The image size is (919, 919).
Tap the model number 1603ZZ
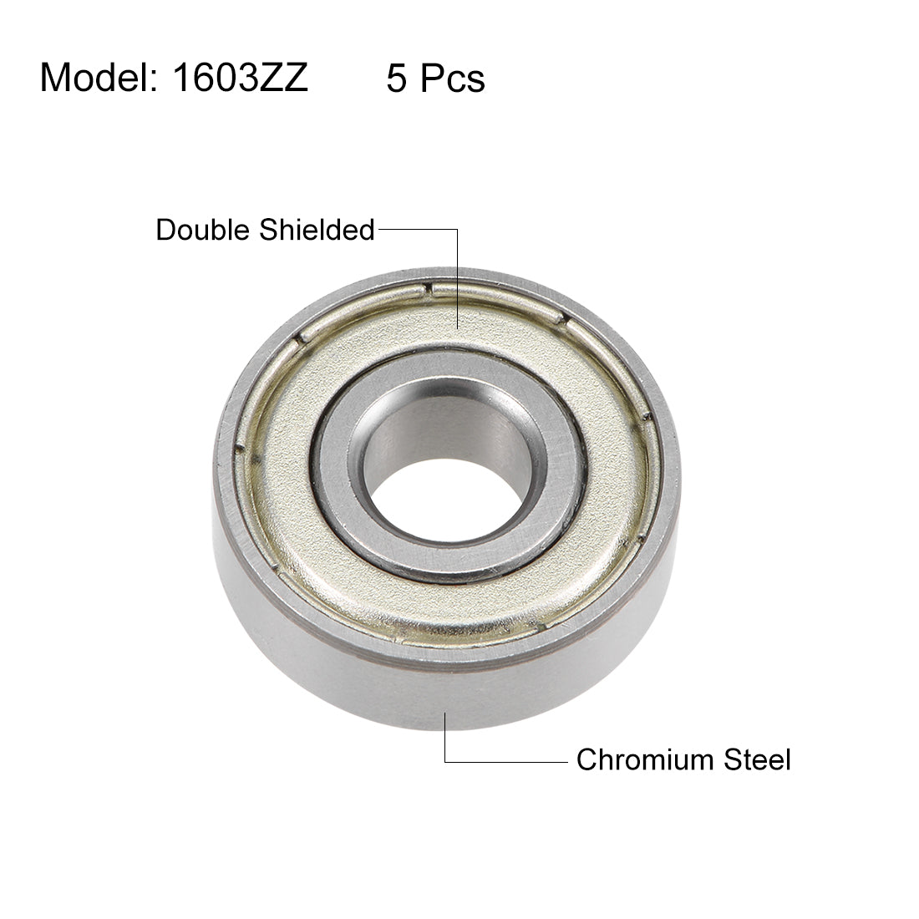pyautogui.click(x=241, y=79)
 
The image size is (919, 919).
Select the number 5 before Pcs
pyautogui.click(x=397, y=79)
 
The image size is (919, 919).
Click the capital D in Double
pyautogui.click(x=165, y=230)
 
